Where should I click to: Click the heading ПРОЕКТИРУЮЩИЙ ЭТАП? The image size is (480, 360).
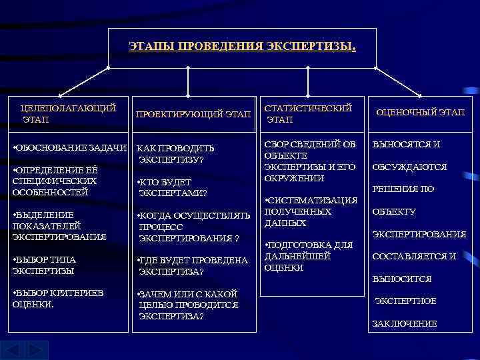click(193, 114)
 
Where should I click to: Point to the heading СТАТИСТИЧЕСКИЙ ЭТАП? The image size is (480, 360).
click(307, 113)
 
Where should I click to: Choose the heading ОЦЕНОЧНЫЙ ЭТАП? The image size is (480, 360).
click(420, 113)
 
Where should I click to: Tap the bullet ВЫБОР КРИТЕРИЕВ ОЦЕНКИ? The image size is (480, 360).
click(57, 298)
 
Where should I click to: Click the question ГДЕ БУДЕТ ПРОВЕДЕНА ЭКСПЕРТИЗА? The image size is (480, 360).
click(191, 265)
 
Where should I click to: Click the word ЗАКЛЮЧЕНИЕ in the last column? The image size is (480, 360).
click(404, 324)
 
